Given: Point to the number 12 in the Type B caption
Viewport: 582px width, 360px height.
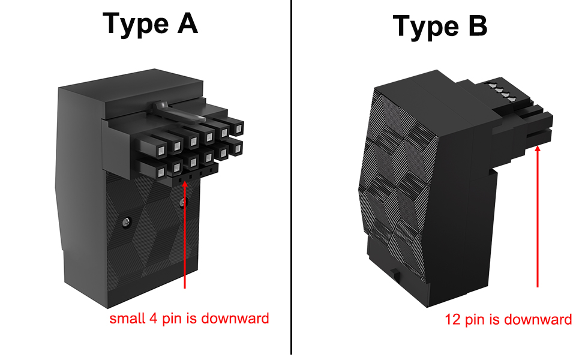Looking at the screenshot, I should [452, 319].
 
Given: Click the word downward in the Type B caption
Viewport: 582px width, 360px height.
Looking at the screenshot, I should [538, 319].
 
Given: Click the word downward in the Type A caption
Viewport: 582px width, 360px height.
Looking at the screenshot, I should [235, 318].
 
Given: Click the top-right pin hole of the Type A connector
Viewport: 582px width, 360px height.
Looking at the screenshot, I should [238, 127].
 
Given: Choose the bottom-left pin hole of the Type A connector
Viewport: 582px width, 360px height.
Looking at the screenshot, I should [160, 172].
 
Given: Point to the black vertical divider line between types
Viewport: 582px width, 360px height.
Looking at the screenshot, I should [291, 180].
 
